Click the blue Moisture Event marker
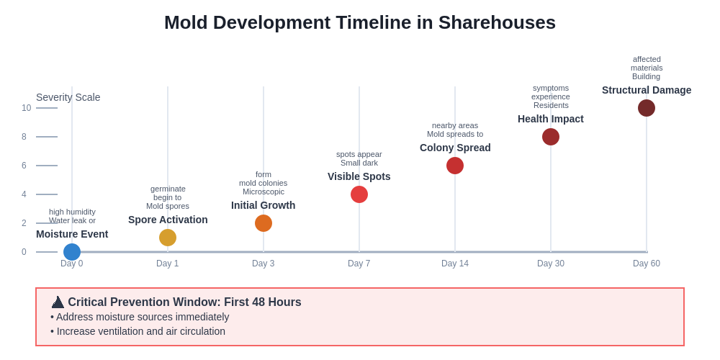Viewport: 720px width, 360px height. (x=72, y=252)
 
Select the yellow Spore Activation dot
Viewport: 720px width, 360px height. (x=168, y=238)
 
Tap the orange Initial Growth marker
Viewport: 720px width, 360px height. (x=264, y=223)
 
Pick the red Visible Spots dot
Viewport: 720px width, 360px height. (x=359, y=194)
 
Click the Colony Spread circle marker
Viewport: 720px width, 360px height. (x=455, y=166)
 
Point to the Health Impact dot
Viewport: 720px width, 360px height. (x=551, y=137)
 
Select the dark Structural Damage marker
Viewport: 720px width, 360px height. (x=647, y=108)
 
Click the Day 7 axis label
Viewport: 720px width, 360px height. (x=359, y=264)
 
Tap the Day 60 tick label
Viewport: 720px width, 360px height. (x=647, y=264)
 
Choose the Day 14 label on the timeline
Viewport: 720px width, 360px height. (x=455, y=264)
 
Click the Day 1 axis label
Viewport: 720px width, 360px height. (x=168, y=264)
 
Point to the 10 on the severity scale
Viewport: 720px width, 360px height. (x=27, y=108)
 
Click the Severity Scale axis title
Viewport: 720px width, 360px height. (x=68, y=97)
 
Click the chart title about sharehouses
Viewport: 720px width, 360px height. (x=360, y=22)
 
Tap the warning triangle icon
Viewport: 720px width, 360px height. (x=58, y=302)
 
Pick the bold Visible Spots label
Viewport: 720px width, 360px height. (x=359, y=176)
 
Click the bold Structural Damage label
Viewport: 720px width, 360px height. (x=647, y=90)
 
